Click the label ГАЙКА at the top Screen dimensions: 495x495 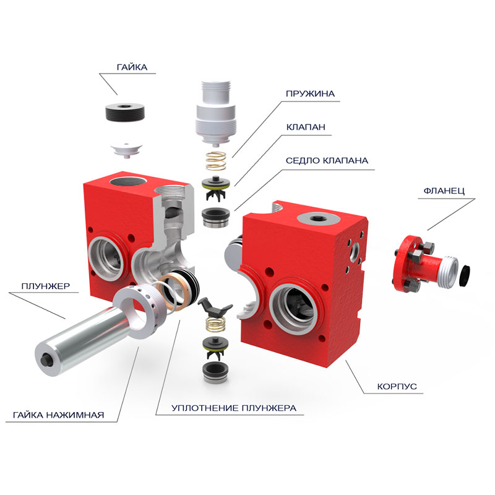[x=132, y=67]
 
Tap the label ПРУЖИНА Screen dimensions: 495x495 [x=310, y=94]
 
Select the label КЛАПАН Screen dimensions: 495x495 [x=306, y=127]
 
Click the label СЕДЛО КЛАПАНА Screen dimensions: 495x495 [x=327, y=161]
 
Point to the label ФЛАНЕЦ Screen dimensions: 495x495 [x=444, y=191]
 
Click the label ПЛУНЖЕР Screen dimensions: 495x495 [x=46, y=286]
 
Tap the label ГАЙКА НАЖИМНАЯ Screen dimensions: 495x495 [x=58, y=415]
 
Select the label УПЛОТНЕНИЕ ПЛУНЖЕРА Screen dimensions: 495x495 [x=234, y=408]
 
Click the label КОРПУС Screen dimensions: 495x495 [x=397, y=386]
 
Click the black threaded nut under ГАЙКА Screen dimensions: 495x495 [x=125, y=112]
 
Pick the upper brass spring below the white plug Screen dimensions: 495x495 [x=216, y=161]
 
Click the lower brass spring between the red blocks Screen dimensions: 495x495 [x=215, y=324]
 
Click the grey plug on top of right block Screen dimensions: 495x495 [x=319, y=218]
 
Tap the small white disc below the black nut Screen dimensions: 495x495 [x=127, y=150]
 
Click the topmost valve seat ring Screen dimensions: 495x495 [x=215, y=217]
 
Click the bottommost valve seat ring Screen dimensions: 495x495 [x=215, y=372]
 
